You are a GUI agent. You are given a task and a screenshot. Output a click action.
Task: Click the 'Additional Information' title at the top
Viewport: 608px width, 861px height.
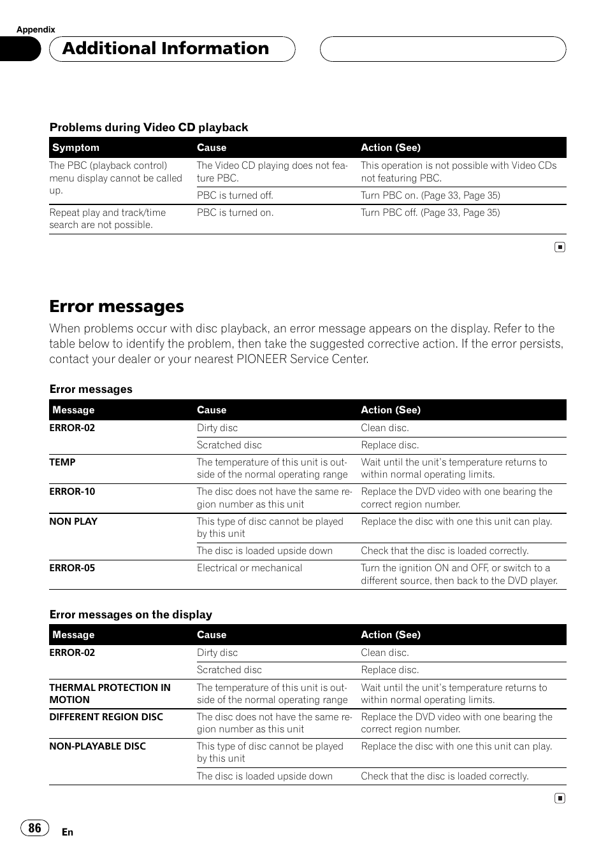point(166,48)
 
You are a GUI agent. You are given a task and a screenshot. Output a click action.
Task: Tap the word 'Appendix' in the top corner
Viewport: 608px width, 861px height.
point(36,29)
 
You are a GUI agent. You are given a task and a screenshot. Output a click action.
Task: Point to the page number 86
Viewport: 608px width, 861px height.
point(34,827)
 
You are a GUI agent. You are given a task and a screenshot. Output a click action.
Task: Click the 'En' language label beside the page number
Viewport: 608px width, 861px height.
point(68,832)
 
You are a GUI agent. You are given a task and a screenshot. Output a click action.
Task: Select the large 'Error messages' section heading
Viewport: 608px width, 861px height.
point(117,306)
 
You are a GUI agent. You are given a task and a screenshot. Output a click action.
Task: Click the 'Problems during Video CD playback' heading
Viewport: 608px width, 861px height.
point(148,127)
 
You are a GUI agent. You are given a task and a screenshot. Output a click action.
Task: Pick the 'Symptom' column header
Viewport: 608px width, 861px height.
point(76,148)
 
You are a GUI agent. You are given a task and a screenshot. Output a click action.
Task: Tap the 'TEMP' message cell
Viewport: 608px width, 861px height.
point(62,462)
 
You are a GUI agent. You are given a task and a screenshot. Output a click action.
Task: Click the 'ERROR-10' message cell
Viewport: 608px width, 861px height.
point(72,492)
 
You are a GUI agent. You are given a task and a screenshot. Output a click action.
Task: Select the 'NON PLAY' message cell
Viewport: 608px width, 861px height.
point(73,522)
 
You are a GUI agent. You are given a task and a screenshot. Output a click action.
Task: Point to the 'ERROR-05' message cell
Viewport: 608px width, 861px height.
point(72,568)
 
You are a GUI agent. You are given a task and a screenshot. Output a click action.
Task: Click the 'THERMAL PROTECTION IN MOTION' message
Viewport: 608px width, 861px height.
point(110,694)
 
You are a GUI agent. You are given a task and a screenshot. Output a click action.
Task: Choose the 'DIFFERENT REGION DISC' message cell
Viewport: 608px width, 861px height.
point(106,717)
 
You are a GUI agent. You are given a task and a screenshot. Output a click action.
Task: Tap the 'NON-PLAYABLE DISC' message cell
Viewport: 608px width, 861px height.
point(98,746)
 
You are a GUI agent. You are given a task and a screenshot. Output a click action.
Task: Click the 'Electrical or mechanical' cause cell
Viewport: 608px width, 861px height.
point(249,568)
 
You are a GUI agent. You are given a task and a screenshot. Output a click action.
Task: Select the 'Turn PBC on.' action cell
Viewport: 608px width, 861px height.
point(430,196)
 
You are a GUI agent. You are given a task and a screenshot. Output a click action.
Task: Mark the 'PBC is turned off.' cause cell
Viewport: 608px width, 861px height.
point(235,196)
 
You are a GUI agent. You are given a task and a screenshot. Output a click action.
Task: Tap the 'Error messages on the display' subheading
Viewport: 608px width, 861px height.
point(131,615)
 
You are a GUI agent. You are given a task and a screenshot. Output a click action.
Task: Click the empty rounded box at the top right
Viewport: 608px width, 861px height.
point(443,49)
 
